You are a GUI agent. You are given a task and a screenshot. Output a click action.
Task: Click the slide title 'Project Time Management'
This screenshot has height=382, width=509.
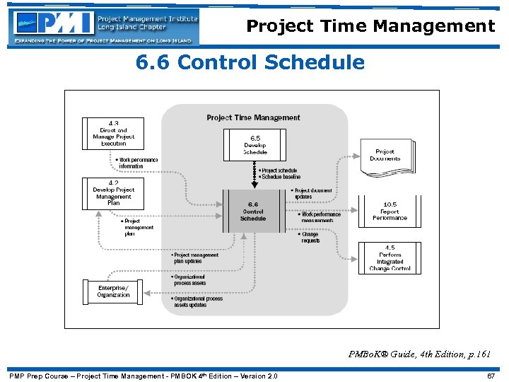[370, 26]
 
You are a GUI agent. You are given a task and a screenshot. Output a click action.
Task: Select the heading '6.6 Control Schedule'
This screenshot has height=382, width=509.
[250, 63]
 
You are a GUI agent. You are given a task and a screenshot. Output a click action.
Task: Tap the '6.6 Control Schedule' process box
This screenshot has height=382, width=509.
[253, 211]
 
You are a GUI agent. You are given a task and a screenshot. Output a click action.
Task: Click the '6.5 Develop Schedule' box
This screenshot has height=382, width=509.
[255, 144]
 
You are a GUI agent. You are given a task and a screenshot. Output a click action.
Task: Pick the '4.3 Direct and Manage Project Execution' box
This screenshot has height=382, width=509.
[113, 133]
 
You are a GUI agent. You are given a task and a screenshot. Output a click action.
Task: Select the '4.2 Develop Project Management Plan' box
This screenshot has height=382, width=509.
[113, 193]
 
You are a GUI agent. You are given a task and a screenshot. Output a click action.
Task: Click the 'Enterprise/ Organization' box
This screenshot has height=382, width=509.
[113, 291]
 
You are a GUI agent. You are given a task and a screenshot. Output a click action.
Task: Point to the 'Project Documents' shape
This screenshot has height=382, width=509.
[385, 155]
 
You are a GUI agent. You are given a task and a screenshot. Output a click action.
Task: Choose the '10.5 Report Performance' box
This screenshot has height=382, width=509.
[390, 212]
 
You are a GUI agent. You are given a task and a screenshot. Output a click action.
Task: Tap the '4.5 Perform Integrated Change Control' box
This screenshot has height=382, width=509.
[390, 258]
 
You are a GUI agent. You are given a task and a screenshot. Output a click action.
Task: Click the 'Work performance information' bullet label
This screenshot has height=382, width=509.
[138, 163]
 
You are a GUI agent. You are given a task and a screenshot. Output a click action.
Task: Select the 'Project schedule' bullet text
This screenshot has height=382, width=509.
[279, 170]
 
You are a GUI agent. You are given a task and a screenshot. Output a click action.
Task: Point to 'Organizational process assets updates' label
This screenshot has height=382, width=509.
[198, 302]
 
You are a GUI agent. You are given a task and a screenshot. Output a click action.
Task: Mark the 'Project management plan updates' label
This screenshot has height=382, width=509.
[196, 258]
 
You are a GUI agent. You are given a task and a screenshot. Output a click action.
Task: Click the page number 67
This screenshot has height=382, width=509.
[491, 376]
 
